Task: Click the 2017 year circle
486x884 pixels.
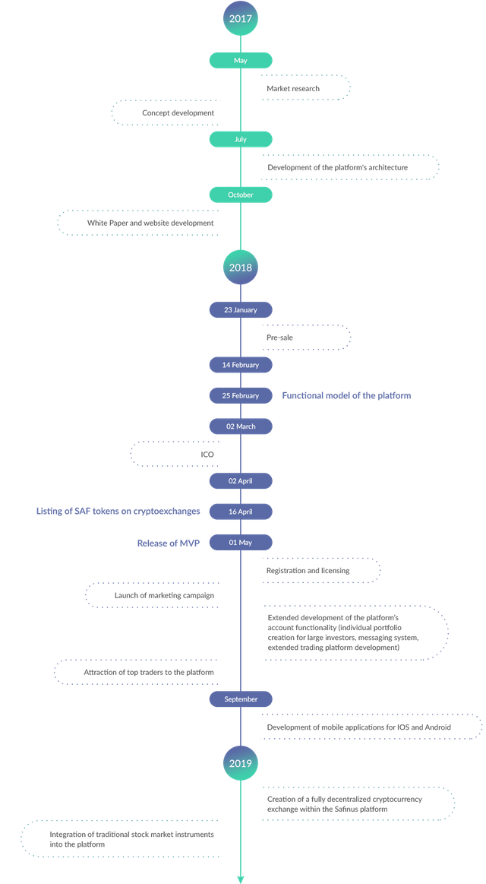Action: [241, 18]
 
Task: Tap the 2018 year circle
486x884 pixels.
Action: [241, 268]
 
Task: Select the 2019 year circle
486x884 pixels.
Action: [241, 763]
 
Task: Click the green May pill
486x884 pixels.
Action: [241, 60]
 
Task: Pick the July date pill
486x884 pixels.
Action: [241, 139]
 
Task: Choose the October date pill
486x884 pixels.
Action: [241, 195]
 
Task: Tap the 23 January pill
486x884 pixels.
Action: [241, 309]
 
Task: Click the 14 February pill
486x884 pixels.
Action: [241, 365]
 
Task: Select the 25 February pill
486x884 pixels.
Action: [241, 396]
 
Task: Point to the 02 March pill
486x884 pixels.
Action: [241, 426]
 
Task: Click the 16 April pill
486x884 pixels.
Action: [241, 512]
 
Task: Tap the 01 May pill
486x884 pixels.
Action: [241, 543]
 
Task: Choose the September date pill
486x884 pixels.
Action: [241, 699]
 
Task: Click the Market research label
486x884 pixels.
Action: [293, 88]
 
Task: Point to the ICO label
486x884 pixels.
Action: [207, 454]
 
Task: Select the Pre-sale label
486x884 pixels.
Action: [279, 337]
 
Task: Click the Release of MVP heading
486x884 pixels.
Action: [169, 543]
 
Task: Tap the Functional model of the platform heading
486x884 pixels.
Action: [346, 396]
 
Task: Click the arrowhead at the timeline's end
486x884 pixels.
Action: [241, 879]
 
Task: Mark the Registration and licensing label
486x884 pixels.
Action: [308, 571]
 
